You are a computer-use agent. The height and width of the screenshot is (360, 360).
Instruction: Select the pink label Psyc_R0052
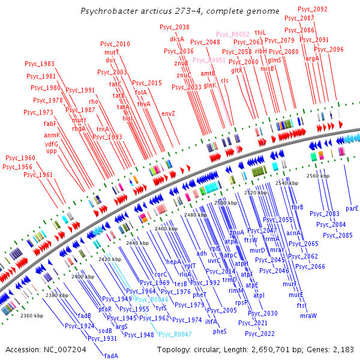[x=232, y=35]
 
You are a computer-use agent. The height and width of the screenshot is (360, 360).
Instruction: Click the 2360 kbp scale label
[x=32, y=315]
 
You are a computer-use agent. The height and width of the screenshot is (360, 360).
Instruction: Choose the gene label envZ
[x=169, y=113]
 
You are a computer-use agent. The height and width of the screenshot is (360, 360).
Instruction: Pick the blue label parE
[x=352, y=208]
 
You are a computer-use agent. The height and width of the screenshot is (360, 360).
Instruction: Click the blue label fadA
[x=112, y=355]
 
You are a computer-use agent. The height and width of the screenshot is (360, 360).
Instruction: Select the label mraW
[x=308, y=315]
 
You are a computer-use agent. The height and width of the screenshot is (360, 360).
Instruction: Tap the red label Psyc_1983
[x=40, y=64]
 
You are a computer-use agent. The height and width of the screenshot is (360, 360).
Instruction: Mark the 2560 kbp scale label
[x=317, y=176]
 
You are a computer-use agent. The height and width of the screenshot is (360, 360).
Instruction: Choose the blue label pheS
[x=220, y=331]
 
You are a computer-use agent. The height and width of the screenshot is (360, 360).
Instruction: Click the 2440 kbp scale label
[x=137, y=243]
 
